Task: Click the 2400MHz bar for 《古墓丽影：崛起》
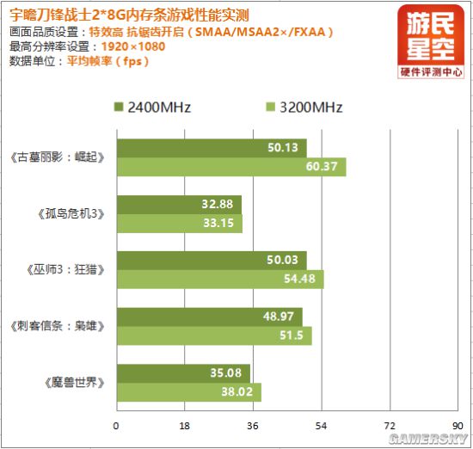pyautogui.click(x=211, y=148)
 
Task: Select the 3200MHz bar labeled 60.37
pyautogui.click(x=230, y=167)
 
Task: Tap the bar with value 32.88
pyautogui.click(x=178, y=205)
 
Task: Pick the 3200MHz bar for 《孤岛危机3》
pyautogui.click(x=179, y=224)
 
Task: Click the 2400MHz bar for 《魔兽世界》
pyautogui.click(x=182, y=373)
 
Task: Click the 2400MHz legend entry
pyautogui.click(x=151, y=108)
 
